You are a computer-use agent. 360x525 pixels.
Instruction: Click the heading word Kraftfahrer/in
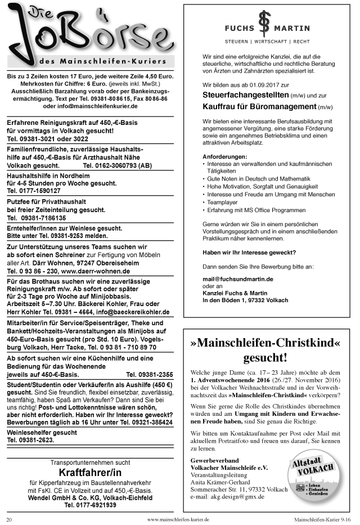point(90,472)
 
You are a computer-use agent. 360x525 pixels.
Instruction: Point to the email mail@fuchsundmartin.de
point(238,279)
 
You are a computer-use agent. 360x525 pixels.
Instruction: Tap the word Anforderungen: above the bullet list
point(224,156)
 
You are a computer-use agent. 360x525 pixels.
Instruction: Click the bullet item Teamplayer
point(223,201)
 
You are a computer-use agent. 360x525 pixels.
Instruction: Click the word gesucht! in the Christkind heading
point(265,358)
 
